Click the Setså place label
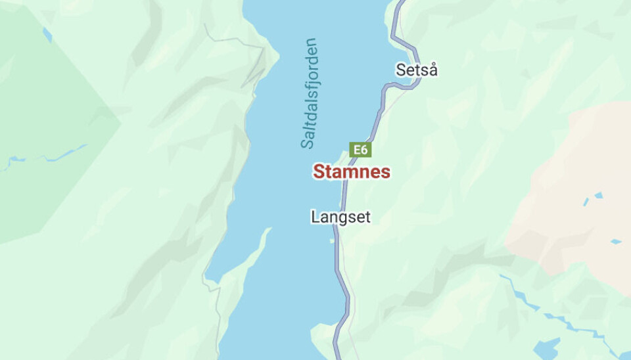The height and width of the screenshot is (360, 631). [x=416, y=70]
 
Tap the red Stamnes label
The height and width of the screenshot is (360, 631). [x=351, y=172]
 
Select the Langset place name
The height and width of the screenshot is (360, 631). [x=340, y=217]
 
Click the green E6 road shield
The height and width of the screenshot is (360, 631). [x=360, y=150]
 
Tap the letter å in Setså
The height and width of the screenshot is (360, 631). [x=432, y=70]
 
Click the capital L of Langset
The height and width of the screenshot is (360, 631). [x=315, y=217]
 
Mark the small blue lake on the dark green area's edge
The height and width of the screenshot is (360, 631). [x=47, y=34]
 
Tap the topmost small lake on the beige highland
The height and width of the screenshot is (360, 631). [x=598, y=195]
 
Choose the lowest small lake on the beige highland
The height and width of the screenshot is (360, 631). [x=615, y=241]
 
